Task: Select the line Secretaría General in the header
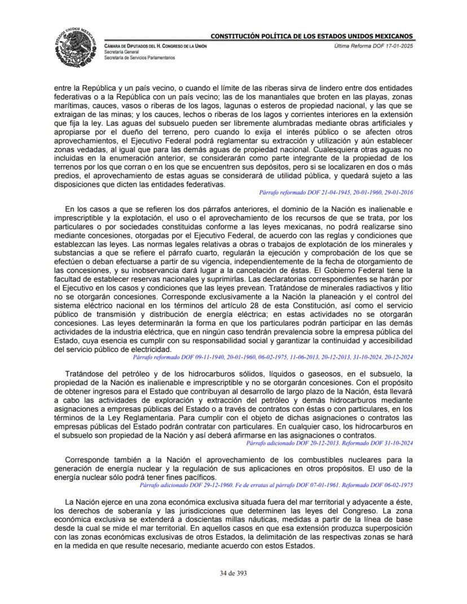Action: (120, 51)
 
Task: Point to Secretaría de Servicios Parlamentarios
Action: (139, 58)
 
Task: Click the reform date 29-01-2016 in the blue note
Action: (400, 193)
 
